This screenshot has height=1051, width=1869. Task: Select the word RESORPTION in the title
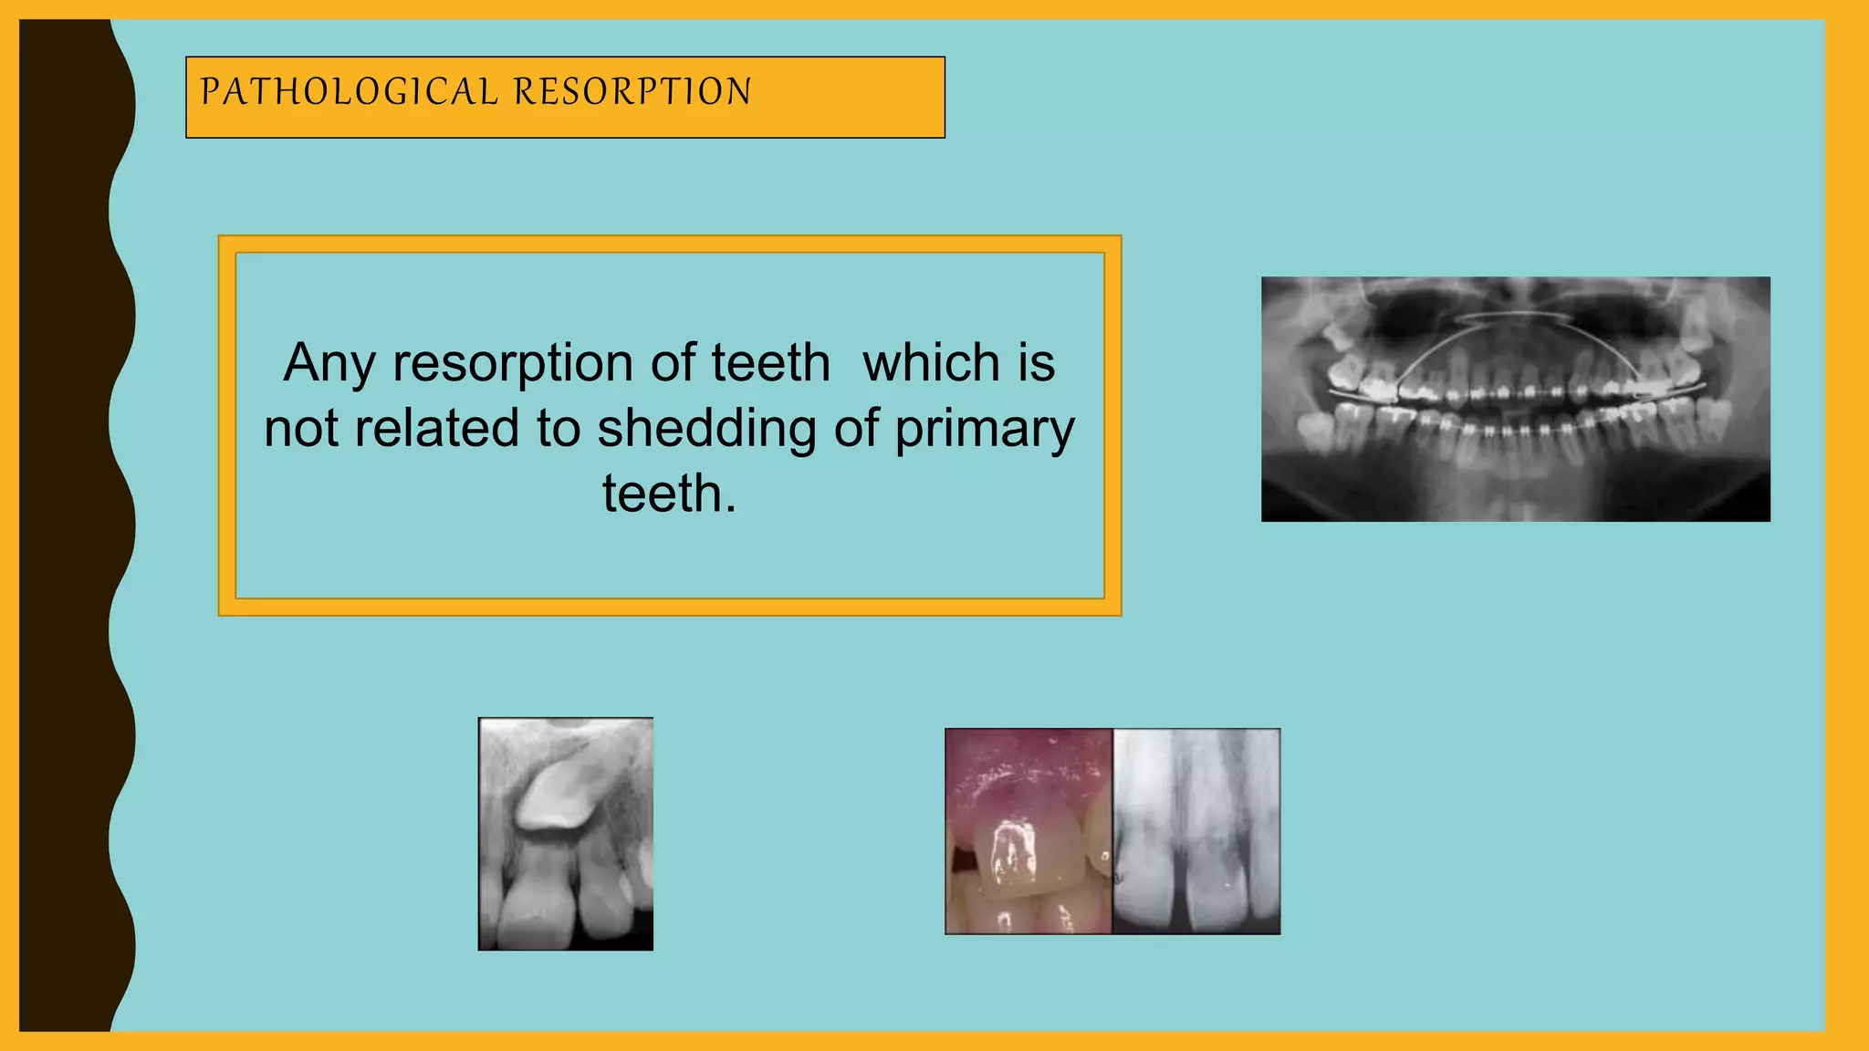click(x=632, y=92)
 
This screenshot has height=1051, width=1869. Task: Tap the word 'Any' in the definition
click(x=329, y=363)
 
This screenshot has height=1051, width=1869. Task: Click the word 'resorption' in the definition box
click(x=513, y=363)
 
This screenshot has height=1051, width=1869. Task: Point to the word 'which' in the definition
click(x=932, y=363)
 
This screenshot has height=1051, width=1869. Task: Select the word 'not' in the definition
click(x=300, y=428)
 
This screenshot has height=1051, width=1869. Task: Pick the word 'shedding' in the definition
click(x=706, y=428)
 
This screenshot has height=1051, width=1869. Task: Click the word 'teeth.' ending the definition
click(x=669, y=494)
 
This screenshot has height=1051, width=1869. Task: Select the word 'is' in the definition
click(x=1037, y=363)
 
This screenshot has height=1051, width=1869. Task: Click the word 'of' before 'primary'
click(x=855, y=428)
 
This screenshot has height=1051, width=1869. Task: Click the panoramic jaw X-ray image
click(x=1515, y=399)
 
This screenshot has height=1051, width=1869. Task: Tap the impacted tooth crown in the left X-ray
click(x=556, y=795)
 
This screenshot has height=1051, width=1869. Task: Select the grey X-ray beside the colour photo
click(x=1196, y=830)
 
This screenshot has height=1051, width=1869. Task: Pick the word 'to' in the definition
click(x=558, y=428)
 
